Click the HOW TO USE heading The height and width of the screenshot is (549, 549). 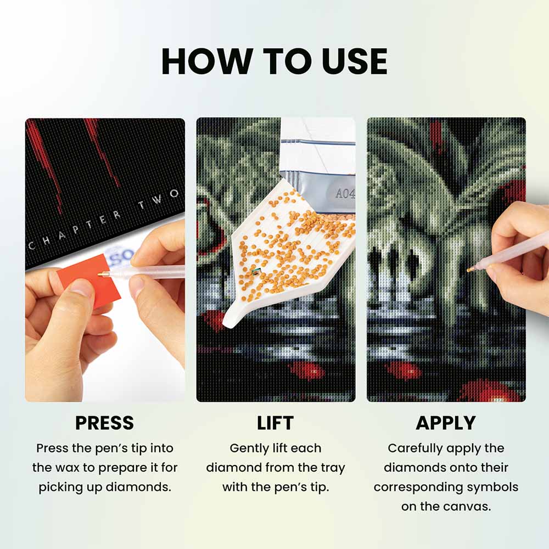(x=274, y=61)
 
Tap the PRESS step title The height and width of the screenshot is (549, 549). (x=104, y=423)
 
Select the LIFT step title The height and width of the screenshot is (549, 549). (x=275, y=423)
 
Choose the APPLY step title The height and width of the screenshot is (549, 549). (x=446, y=423)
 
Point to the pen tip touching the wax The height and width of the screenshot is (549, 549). (x=100, y=274)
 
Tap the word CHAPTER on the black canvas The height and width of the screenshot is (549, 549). (x=74, y=229)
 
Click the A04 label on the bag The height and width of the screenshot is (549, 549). (x=345, y=193)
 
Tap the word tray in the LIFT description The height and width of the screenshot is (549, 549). (x=333, y=468)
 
